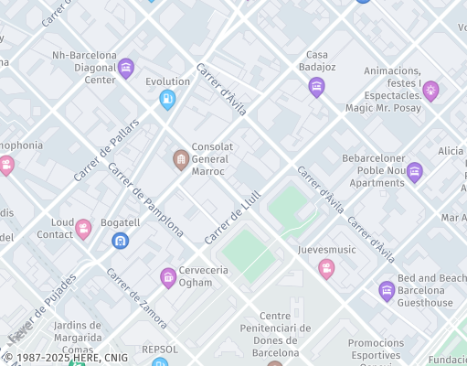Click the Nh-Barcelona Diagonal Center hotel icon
[x=126, y=68]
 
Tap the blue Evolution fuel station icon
[x=167, y=100]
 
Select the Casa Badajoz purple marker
[x=316, y=87]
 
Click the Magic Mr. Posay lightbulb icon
[x=430, y=90]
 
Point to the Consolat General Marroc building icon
[x=181, y=160]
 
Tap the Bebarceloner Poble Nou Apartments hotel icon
[x=415, y=171]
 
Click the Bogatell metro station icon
[x=120, y=240]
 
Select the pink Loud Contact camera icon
[x=83, y=228]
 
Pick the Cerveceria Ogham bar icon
[x=168, y=277]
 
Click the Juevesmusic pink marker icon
[x=326, y=268]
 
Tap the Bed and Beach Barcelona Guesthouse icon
[x=387, y=291]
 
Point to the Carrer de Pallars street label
[x=107, y=149]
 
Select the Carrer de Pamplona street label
[x=146, y=199]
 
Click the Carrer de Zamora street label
[x=136, y=298]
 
